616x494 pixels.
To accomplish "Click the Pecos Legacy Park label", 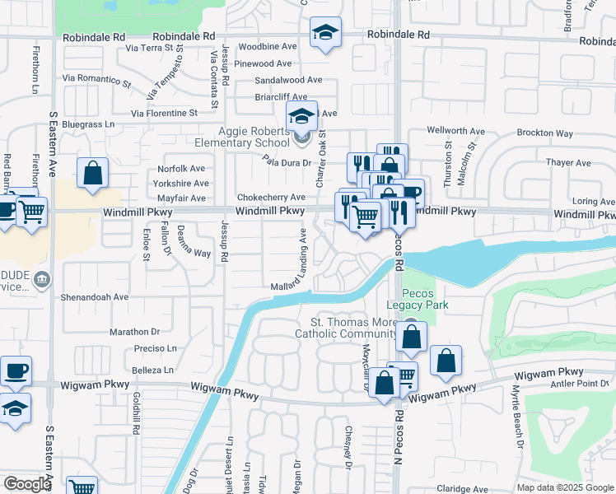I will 424,299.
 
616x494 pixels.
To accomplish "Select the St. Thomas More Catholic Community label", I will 353,328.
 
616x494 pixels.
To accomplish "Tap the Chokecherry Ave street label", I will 271,198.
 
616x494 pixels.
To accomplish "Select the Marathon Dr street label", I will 134,332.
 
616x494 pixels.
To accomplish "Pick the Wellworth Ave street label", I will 455,131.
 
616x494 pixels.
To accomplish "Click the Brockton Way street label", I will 544,133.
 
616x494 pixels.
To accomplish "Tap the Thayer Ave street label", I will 568,163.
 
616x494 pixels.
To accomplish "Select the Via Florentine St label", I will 165,113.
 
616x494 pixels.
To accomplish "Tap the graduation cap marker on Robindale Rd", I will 325,32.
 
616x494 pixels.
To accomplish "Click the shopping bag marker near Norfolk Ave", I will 92,173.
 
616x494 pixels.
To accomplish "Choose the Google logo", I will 27,483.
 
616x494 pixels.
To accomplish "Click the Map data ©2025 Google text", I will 563,487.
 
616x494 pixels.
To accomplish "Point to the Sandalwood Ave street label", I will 288,80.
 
